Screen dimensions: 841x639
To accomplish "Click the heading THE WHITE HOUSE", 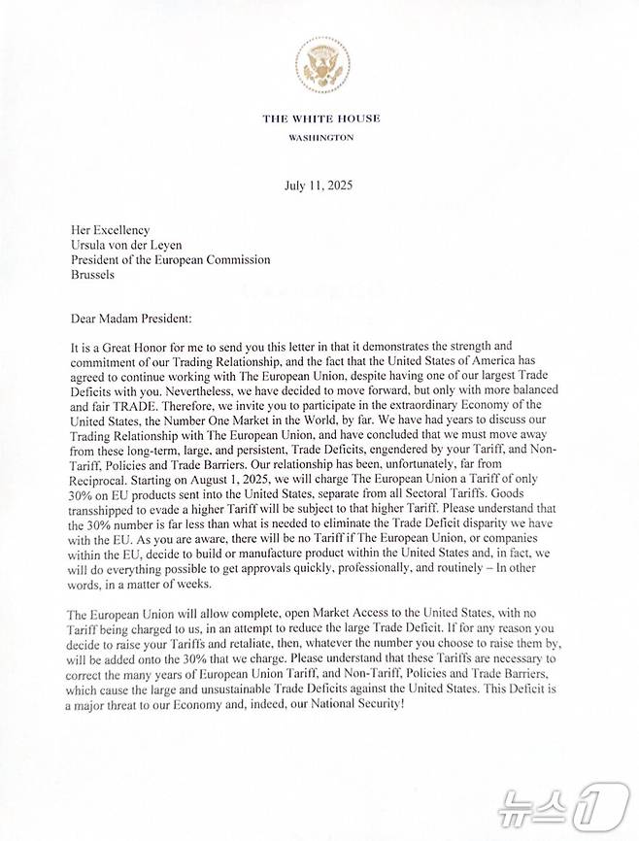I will coord(320,118).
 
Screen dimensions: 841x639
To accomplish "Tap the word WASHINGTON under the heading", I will coord(320,138).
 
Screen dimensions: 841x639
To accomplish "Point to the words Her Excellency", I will coord(111,230).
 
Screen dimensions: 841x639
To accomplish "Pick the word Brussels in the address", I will coord(92,275).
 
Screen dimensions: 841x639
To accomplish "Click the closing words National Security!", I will coord(354,703).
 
